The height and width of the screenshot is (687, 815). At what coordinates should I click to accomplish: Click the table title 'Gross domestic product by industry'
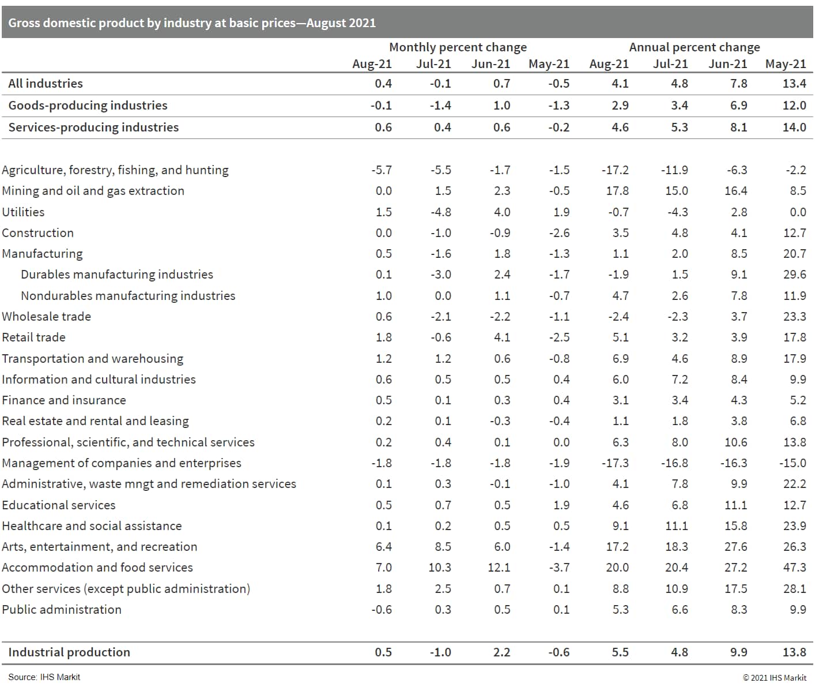click(192, 23)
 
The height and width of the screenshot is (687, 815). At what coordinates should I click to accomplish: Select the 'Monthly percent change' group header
click(458, 47)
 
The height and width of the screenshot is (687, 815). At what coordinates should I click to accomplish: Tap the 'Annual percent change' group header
click(694, 47)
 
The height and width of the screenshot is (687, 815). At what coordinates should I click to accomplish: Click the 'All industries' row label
click(46, 84)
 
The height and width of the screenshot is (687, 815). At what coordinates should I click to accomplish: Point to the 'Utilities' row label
click(23, 212)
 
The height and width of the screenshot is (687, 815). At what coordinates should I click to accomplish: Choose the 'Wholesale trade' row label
click(46, 317)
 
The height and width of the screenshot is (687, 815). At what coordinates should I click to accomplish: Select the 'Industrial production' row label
click(69, 652)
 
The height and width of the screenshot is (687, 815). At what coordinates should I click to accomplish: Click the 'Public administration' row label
click(62, 610)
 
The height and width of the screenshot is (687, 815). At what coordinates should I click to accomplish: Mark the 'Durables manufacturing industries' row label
click(117, 275)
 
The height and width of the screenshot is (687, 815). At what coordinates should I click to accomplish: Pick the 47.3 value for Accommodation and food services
click(794, 568)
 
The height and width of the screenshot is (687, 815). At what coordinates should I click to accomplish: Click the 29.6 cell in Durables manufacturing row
click(794, 275)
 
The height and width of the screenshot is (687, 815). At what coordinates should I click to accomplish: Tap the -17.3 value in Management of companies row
click(615, 463)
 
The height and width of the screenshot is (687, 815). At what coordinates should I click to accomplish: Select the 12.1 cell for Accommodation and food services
click(499, 568)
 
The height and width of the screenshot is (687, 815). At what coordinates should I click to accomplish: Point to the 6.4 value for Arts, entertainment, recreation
click(383, 547)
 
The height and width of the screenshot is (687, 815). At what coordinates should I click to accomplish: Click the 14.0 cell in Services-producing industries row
click(794, 127)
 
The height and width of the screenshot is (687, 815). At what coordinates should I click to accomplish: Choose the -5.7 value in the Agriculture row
click(382, 170)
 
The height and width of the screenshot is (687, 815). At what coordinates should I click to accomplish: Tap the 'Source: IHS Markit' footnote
click(44, 677)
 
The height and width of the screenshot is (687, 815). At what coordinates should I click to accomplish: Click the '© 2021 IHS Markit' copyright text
click(774, 678)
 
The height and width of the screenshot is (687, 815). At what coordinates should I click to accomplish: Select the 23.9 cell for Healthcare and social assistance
click(794, 526)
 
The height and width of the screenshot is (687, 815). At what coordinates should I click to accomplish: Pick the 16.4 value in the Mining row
click(735, 191)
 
